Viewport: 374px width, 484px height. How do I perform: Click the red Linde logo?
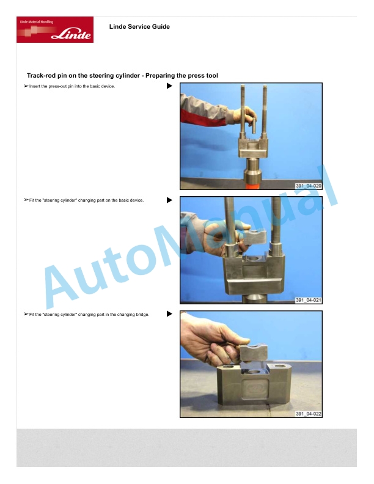pyautogui.click(x=55, y=29)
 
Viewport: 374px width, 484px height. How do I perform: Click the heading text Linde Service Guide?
pyautogui.click(x=139, y=26)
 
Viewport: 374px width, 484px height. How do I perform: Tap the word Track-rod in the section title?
pyautogui.click(x=42, y=76)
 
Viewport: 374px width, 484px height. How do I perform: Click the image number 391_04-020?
pyautogui.click(x=308, y=186)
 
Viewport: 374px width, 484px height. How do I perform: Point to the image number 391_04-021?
pyautogui.click(x=308, y=300)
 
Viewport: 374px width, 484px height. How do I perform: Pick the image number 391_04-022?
pyautogui.click(x=308, y=414)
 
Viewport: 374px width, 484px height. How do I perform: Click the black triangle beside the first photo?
pyautogui.click(x=169, y=86)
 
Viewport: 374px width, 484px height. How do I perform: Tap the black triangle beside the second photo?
pyautogui.click(x=169, y=200)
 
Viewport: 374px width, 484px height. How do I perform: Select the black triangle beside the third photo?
pyautogui.click(x=169, y=314)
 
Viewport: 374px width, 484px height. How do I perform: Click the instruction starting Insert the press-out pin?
pyautogui.click(x=70, y=86)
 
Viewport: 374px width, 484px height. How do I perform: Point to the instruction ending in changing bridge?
pyautogui.click(x=87, y=315)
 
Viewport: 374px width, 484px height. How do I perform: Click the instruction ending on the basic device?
pyautogui.click(x=84, y=200)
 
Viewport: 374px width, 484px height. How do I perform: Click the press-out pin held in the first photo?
pyautogui.click(x=254, y=125)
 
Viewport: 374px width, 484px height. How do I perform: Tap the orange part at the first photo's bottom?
pyautogui.click(x=253, y=186)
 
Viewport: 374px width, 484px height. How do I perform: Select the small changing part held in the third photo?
pyautogui.click(x=253, y=353)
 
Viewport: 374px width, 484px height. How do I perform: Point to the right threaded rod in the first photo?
pyautogui.click(x=265, y=112)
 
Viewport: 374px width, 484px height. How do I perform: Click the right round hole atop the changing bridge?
pyautogui.click(x=279, y=367)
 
